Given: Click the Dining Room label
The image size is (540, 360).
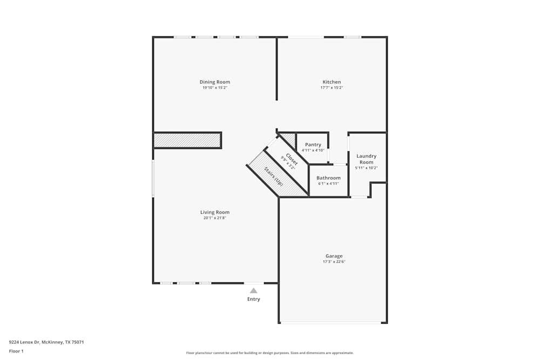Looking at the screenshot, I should [x=215, y=82].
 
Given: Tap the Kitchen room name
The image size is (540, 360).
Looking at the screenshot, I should [x=332, y=82].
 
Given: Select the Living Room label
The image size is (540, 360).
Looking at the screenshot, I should [x=215, y=212].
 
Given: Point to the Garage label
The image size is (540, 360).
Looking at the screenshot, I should [x=334, y=256].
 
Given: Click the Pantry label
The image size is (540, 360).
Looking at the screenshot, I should [x=313, y=145].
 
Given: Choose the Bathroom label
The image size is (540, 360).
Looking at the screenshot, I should [x=328, y=178].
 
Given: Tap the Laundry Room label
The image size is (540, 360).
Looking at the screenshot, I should [x=366, y=159].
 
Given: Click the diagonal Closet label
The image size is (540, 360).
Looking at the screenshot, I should [x=292, y=159].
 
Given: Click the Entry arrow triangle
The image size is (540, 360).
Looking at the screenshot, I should [x=253, y=290].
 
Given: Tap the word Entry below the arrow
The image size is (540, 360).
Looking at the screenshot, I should [x=253, y=299].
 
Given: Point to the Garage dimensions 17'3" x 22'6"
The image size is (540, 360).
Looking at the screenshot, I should [x=334, y=262].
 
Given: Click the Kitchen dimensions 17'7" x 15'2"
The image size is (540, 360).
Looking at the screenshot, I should [x=332, y=87].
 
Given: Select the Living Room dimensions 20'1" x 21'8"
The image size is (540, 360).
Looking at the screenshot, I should [x=215, y=218].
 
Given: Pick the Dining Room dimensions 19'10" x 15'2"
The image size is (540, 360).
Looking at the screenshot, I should [x=215, y=87].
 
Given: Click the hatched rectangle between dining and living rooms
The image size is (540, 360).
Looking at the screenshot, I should [x=187, y=140].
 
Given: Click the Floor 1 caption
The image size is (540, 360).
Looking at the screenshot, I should [x=16, y=351].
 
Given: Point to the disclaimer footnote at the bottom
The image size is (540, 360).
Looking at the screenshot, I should [x=269, y=352].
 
